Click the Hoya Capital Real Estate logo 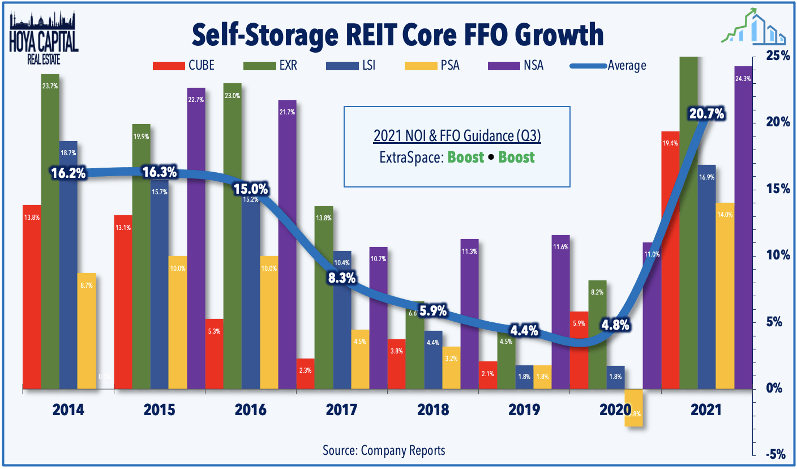(x=45, y=35)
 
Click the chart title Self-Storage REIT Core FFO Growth (x=397, y=33)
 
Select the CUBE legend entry (x=183, y=65)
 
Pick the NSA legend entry (x=515, y=65)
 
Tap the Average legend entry (x=609, y=65)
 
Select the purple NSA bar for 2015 (x=196, y=238)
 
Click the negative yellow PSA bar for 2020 (x=633, y=408)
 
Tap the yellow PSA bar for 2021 (x=725, y=295)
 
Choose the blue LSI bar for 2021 (x=706, y=278)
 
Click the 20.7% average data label (x=706, y=114)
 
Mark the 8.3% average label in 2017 (x=341, y=278)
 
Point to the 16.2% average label (x=68, y=173)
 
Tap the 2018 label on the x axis (x=432, y=410)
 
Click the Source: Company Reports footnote (x=384, y=450)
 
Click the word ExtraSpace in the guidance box (x=411, y=157)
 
